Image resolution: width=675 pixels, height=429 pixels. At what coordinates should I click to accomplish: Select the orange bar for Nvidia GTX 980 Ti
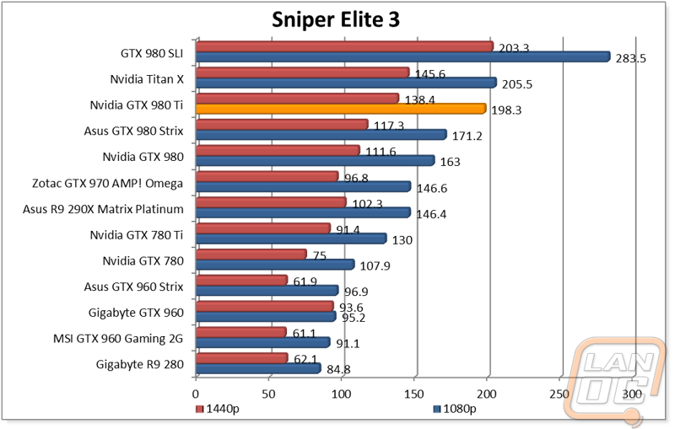[x=341, y=108]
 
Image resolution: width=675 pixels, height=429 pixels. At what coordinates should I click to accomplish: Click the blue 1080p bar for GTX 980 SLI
[x=402, y=56]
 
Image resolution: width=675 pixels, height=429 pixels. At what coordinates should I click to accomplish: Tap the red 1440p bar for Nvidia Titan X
[x=302, y=72]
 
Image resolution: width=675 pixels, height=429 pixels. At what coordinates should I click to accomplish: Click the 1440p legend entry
[x=219, y=409]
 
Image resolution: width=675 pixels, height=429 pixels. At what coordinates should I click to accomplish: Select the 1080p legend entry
[x=455, y=409]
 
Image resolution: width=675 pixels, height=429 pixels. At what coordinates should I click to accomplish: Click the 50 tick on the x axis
[x=268, y=392]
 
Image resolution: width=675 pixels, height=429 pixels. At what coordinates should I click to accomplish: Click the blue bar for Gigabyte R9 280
[x=258, y=368]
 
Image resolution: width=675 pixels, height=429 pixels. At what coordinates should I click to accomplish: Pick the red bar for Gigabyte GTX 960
[x=264, y=307]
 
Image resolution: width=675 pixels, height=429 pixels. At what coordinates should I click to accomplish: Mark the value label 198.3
[x=506, y=110]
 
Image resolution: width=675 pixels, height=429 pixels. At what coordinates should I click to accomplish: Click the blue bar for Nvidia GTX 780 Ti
[x=291, y=239]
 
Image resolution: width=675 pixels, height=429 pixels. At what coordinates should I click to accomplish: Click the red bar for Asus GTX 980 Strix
[x=282, y=125]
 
